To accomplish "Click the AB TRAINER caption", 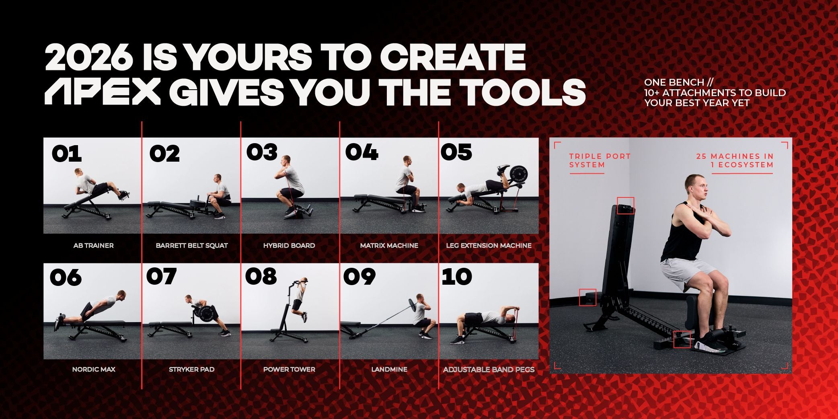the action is click(93, 245).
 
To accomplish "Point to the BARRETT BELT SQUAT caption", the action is click(192, 245).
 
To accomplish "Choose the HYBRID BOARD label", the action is click(289, 245).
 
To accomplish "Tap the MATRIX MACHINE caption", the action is click(389, 245).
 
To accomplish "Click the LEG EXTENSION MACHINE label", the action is click(489, 245).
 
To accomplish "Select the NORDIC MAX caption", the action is click(94, 369).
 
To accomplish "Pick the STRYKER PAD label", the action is click(191, 369).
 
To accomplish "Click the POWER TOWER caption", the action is click(289, 369).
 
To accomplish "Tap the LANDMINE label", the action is click(389, 369).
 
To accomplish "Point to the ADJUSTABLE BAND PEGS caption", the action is click(489, 369).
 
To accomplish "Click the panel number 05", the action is click(456, 152).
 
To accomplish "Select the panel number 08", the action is click(261, 276).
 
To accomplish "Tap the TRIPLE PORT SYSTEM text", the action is click(600, 160).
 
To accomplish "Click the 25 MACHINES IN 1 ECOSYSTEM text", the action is click(735, 160).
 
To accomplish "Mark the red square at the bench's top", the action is click(625, 205).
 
